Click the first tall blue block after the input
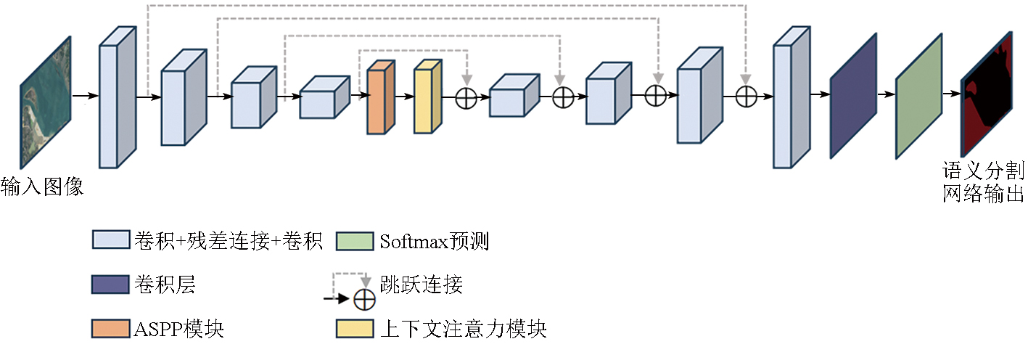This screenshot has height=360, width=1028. click(x=117, y=99)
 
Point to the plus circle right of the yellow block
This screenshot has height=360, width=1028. click(x=466, y=97)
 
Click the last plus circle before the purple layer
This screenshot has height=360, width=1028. click(x=747, y=96)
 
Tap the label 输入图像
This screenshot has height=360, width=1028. click(x=42, y=187)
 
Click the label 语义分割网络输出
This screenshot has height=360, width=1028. click(x=983, y=182)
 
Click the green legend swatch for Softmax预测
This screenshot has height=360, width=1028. click(x=354, y=241)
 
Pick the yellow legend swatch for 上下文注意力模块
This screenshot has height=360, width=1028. click(x=354, y=329)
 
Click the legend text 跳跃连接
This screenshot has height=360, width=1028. click(x=421, y=285)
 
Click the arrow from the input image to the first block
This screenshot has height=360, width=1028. click(x=85, y=96)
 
